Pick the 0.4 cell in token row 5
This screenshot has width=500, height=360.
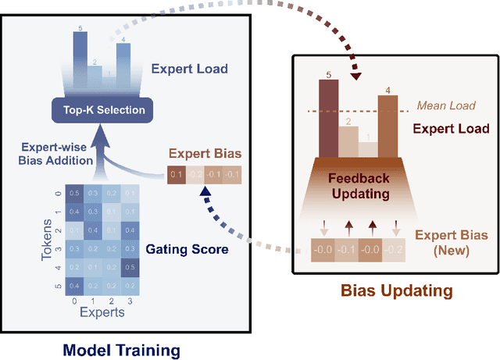click(73, 287)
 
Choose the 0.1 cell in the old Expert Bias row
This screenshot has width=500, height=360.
click(177, 173)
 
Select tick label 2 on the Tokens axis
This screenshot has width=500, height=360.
click(56, 231)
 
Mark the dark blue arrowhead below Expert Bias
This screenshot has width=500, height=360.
click(205, 191)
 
